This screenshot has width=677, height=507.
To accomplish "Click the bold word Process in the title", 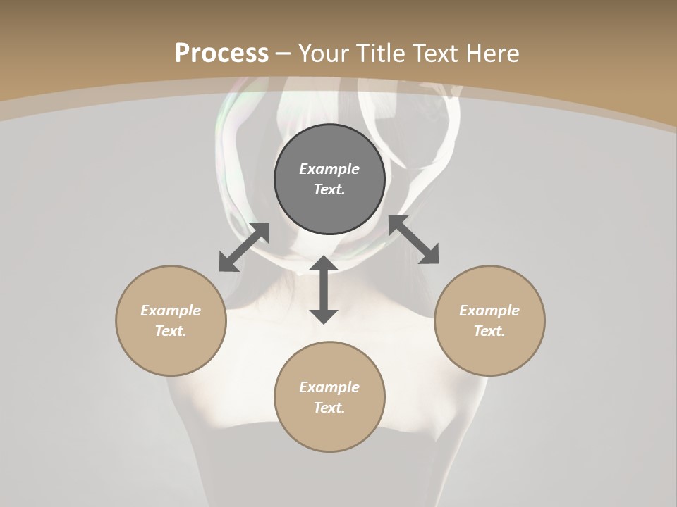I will click(x=221, y=54).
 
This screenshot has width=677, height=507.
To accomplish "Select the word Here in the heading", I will click(x=493, y=54).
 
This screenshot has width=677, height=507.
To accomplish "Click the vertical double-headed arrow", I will click(x=324, y=289).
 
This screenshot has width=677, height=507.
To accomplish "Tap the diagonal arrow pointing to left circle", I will click(x=244, y=247).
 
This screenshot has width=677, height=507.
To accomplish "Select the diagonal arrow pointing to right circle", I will click(x=413, y=240).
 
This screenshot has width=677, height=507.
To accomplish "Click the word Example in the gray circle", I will click(x=329, y=169).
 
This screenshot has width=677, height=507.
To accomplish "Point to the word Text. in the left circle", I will click(x=171, y=331).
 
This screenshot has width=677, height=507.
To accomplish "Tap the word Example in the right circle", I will click(x=489, y=311).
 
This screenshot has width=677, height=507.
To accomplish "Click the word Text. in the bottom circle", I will click(x=329, y=408).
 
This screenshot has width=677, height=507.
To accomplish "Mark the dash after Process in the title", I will click(x=283, y=54).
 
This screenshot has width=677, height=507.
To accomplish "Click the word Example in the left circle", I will click(x=171, y=311).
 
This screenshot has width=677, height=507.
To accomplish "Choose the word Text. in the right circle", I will click(x=489, y=331).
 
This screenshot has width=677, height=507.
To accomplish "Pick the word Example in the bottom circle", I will click(x=329, y=387).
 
